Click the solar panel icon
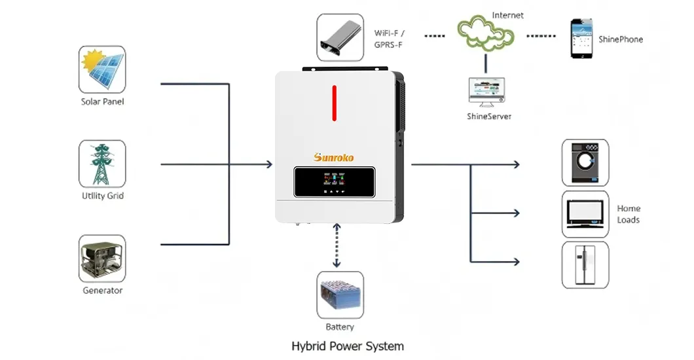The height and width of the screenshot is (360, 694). click(102, 69)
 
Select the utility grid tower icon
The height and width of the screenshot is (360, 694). click(102, 164)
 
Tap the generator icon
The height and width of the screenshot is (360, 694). click(102, 259)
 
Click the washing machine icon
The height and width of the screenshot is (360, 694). click(585, 162)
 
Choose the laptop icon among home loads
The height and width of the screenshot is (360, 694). click(585, 213)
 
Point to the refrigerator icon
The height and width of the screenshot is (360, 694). click(585, 265)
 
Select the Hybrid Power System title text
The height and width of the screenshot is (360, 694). click(347, 346)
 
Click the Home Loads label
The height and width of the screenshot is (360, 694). click(629, 214)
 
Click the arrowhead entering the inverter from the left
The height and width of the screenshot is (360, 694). click(268, 164)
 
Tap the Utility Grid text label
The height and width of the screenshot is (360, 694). click(102, 196)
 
